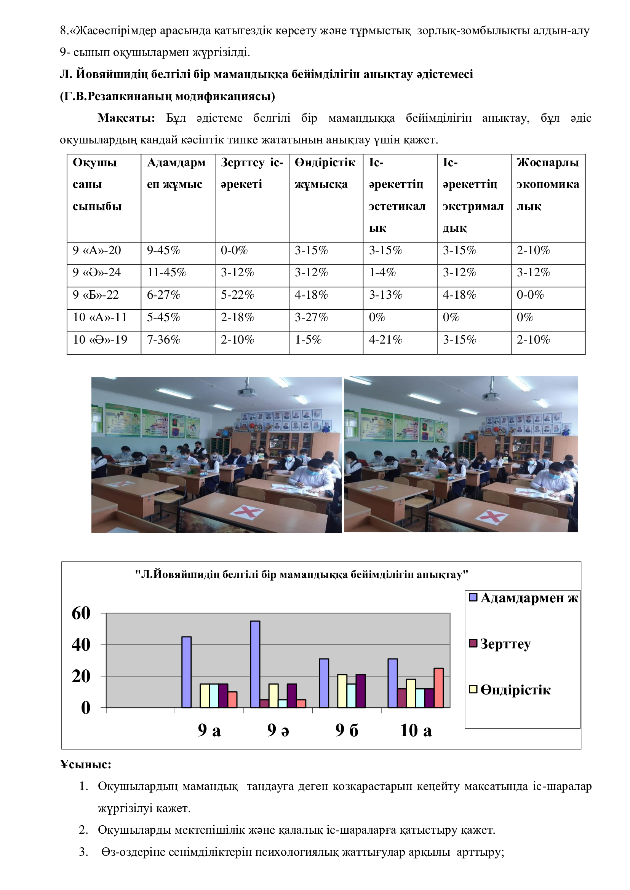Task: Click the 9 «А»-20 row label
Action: click(97, 250)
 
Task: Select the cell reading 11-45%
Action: click(166, 272)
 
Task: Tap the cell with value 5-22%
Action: click(237, 295)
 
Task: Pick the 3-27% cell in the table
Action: click(311, 317)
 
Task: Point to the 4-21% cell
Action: click(385, 340)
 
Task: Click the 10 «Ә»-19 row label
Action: click(100, 340)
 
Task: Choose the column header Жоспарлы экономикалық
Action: click(547, 184)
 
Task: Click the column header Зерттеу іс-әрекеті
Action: click(252, 173)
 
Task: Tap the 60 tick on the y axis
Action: click(81, 614)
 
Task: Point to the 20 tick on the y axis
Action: click(81, 677)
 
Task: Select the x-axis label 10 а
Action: click(416, 731)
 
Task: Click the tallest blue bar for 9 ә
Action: click(255, 664)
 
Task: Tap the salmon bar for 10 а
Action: click(438, 688)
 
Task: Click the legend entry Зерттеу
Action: click(505, 644)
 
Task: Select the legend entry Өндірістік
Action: click(515, 690)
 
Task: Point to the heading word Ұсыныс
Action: click(85, 764)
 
